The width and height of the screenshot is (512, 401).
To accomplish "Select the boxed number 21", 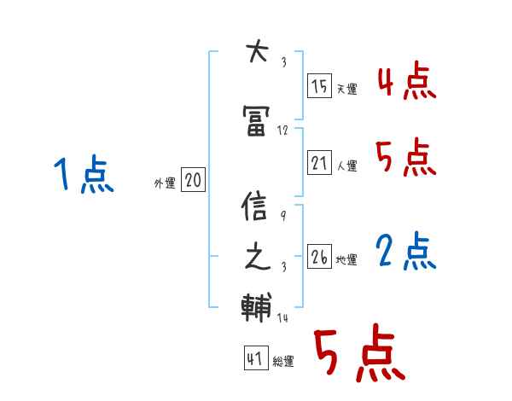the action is [x=319, y=163].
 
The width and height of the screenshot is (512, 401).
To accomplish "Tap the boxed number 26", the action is [x=319, y=257].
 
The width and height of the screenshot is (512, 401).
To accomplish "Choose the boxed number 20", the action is [x=193, y=180].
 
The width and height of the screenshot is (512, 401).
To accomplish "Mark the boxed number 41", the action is [x=254, y=359].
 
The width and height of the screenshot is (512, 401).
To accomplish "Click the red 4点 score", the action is [x=406, y=84].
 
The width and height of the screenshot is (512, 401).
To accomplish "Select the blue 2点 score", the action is [x=406, y=252].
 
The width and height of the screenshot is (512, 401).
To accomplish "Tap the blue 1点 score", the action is [x=83, y=176].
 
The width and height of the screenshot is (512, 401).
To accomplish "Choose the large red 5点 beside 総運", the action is [x=358, y=354].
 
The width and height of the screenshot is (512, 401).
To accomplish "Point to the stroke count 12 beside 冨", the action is [x=283, y=131].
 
